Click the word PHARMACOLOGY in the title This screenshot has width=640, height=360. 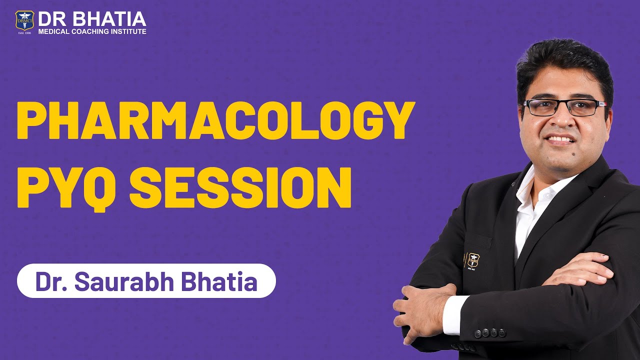coord(216,120)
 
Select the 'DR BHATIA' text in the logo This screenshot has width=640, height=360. coord(92,19)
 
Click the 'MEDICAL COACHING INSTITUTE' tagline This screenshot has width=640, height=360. coord(92,31)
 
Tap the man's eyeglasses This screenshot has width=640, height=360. coord(563,106)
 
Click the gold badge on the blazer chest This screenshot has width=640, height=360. coord(473,260)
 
